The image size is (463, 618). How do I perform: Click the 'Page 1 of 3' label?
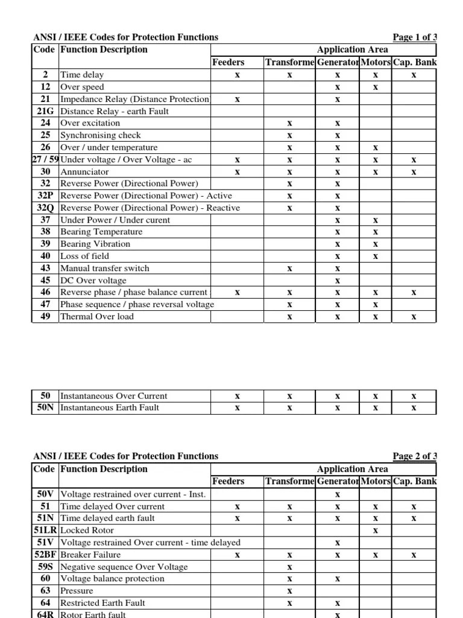pyautogui.click(x=414, y=37)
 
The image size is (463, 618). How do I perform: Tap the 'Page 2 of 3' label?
pyautogui.click(x=414, y=456)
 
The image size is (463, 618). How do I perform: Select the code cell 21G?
pyautogui.click(x=45, y=111)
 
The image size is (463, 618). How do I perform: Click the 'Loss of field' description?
pyautogui.click(x=85, y=256)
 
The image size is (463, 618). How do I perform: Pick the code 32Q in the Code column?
pyautogui.click(x=45, y=208)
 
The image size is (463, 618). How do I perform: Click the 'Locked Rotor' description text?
pyautogui.click(x=88, y=530)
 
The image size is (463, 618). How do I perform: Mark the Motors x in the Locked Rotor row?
pyautogui.click(x=376, y=530)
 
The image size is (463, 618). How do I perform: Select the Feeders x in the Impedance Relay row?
pyautogui.click(x=238, y=99)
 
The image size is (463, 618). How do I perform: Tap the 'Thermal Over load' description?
pyautogui.click(x=97, y=316)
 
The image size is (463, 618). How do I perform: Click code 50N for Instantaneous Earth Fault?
pyautogui.click(x=45, y=408)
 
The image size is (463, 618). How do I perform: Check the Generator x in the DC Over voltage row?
pyautogui.click(x=338, y=280)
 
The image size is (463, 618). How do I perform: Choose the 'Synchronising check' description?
pyautogui.click(x=101, y=135)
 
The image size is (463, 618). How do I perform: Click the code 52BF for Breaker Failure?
pyautogui.click(x=45, y=555)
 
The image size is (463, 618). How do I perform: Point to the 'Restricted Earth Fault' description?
pyautogui.click(x=103, y=603)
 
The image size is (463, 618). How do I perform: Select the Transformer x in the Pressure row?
pyautogui.click(x=289, y=591)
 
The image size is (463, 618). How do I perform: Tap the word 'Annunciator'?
pyautogui.click(x=85, y=171)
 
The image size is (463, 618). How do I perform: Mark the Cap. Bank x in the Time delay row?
pyautogui.click(x=414, y=75)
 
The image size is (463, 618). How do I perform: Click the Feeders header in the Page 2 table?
pyautogui.click(x=228, y=481)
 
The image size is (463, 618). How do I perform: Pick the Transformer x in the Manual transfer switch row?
pyautogui.click(x=289, y=268)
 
